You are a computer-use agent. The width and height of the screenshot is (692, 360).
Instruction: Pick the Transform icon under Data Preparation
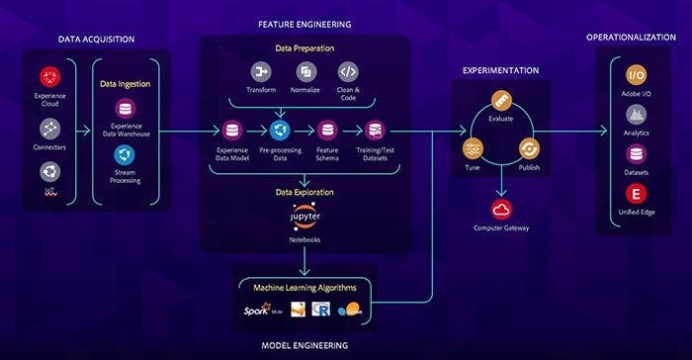click(x=262, y=72)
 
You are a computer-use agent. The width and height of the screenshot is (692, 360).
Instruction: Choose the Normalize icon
click(x=304, y=72)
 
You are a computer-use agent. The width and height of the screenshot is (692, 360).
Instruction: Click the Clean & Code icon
click(x=347, y=72)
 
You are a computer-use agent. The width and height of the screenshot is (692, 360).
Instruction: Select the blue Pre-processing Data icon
click(x=280, y=130)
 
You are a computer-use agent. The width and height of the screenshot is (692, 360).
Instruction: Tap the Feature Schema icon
click(x=327, y=130)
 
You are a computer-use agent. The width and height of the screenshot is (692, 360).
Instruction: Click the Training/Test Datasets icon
click(x=375, y=130)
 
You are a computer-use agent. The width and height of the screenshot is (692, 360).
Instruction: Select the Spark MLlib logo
click(x=259, y=312)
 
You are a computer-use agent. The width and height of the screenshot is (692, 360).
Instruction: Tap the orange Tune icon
click(x=474, y=148)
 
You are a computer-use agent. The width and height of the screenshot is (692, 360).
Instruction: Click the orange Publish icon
click(x=528, y=148)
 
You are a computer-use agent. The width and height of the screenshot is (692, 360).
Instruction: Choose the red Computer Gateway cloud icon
click(x=500, y=209)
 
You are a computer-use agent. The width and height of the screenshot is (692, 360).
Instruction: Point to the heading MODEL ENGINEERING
click(x=304, y=345)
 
